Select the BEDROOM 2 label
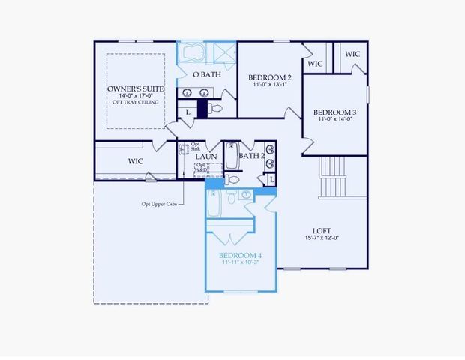coord(270,76)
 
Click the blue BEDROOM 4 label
coord(241,255)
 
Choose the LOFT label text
coord(322,230)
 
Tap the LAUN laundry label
coord(206,157)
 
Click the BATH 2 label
coord(252,156)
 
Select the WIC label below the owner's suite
coord(136,160)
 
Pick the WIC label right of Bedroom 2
coord(315,64)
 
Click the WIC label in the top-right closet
coord(352,54)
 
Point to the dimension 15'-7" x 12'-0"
coord(322,238)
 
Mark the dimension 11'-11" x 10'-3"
coord(241,262)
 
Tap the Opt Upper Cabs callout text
coord(160,203)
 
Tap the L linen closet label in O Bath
coord(187,112)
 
